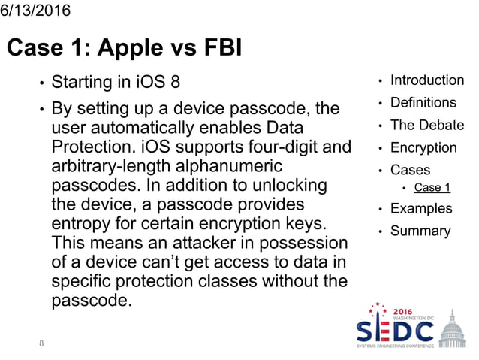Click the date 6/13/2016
click(35, 11)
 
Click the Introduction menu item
click(427, 80)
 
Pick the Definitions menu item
click(423, 103)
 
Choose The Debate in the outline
click(427, 126)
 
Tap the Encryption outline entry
click(423, 148)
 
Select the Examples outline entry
click(421, 208)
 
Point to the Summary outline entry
click(420, 231)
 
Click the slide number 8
click(41, 343)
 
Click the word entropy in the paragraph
click(79, 224)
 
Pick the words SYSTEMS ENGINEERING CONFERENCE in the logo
click(394, 346)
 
